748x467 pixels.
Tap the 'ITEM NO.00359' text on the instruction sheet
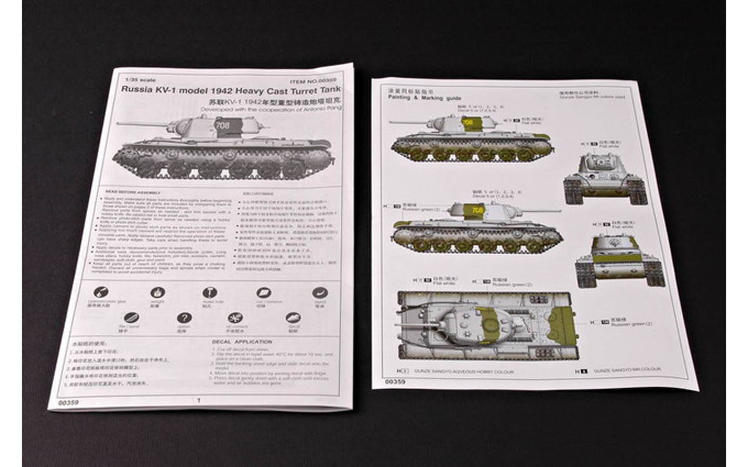313,81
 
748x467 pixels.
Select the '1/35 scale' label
133,80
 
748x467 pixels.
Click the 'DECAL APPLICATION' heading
242,342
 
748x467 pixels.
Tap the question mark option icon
183,318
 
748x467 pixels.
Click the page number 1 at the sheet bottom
198,400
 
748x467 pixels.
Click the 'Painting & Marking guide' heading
424,98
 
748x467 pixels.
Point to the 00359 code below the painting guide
395,381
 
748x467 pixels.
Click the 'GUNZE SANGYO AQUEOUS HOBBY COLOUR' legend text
463,372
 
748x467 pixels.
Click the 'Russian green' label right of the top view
631,324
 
